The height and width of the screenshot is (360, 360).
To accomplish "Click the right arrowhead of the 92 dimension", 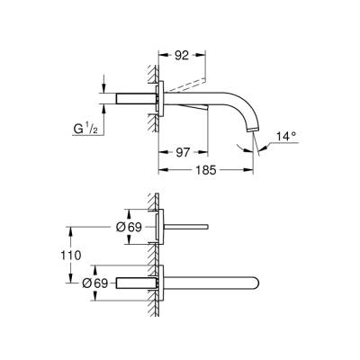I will (206, 56).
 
